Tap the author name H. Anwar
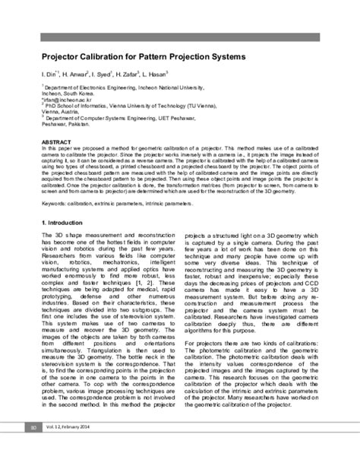[x=72, y=75]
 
